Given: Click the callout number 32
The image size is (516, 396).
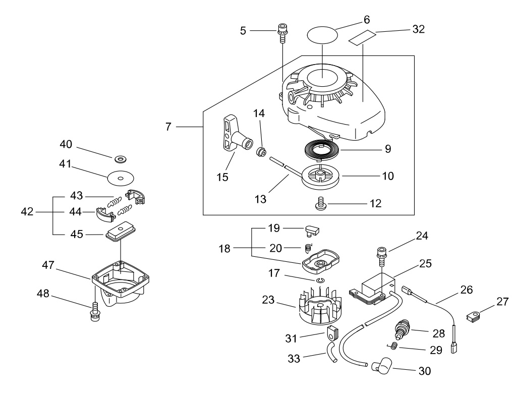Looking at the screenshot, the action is (419, 29).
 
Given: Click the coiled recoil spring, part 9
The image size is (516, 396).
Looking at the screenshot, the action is (321, 150).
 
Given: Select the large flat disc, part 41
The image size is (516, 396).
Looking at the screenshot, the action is (121, 178).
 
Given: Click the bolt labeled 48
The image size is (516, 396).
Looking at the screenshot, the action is (95, 311).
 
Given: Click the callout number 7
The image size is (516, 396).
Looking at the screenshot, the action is (168, 127).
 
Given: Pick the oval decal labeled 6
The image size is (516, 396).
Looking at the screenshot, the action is (322, 34).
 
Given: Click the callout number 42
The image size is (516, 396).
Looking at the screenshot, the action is (27, 211).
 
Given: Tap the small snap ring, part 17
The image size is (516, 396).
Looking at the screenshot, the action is (320, 280).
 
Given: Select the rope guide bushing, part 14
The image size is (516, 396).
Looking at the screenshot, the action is (261, 152).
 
